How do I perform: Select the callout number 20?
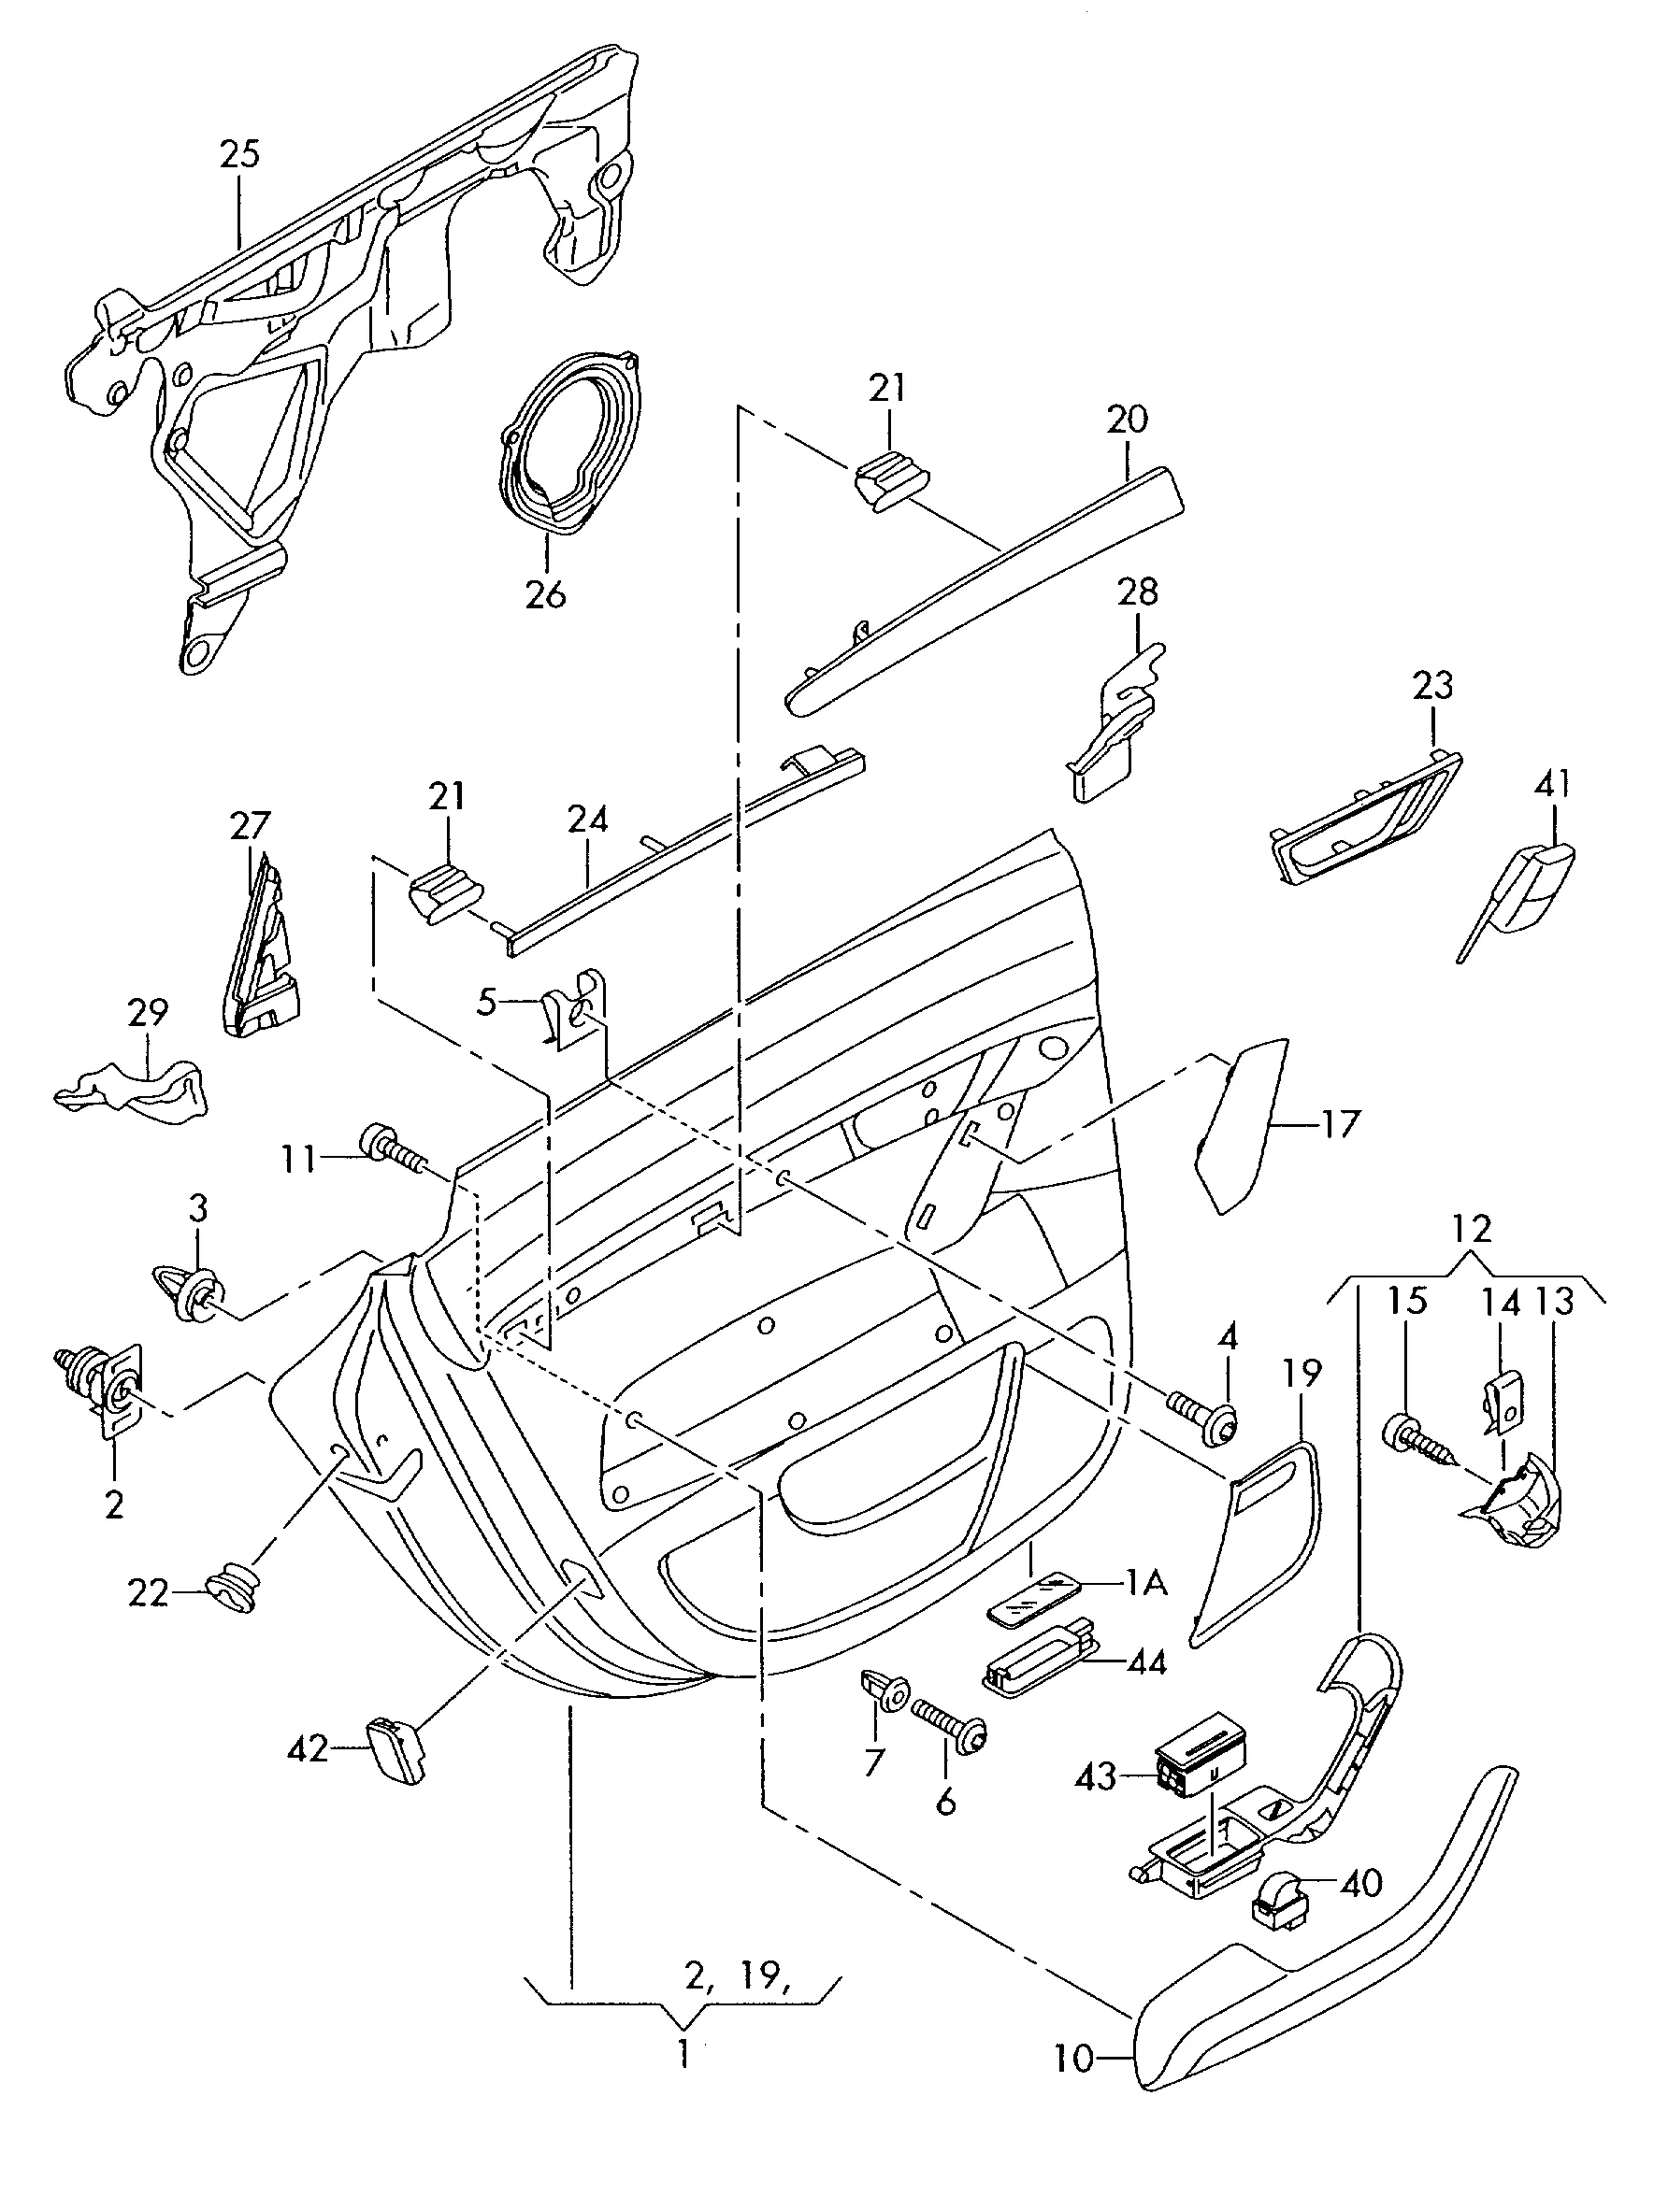coord(1127,420)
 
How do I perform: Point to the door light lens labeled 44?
coord(1040,1662)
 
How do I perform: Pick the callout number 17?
coord(1339,1125)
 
